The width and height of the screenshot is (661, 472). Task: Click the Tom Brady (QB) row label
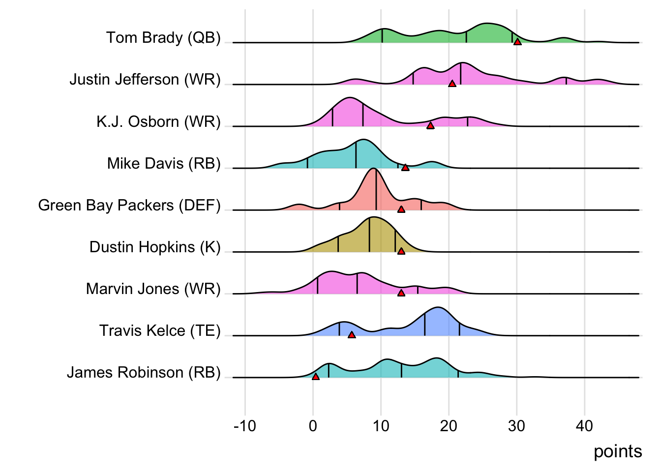tap(163, 38)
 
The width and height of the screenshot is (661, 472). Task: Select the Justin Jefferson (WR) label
tap(145, 80)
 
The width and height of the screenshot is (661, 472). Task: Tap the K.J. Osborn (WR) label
tap(158, 121)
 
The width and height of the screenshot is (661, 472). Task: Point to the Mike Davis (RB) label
tap(164, 163)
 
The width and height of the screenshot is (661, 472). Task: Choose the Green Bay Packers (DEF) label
tap(129, 205)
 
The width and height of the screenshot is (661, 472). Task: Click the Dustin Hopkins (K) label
tap(155, 247)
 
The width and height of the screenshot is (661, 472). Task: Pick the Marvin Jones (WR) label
tap(153, 289)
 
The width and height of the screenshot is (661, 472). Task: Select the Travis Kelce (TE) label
tap(160, 330)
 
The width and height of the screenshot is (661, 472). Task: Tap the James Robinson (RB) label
tap(144, 372)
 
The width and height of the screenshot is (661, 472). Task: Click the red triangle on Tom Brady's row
tap(517, 42)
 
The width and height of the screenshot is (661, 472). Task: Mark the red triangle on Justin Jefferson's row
tap(452, 84)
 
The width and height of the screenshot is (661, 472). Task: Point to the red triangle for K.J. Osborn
tap(430, 126)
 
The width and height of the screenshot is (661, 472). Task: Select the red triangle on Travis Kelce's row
tap(352, 335)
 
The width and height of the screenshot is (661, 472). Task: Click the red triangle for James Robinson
tap(316, 377)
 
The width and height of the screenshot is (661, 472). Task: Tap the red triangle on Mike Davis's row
tap(405, 168)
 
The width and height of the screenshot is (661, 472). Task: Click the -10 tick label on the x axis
tap(245, 426)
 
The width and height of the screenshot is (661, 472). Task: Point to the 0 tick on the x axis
tap(313, 426)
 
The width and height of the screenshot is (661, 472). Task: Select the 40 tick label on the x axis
tap(584, 426)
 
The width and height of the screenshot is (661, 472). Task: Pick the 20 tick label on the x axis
tap(449, 426)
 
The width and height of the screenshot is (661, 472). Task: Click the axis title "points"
tap(618, 451)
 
